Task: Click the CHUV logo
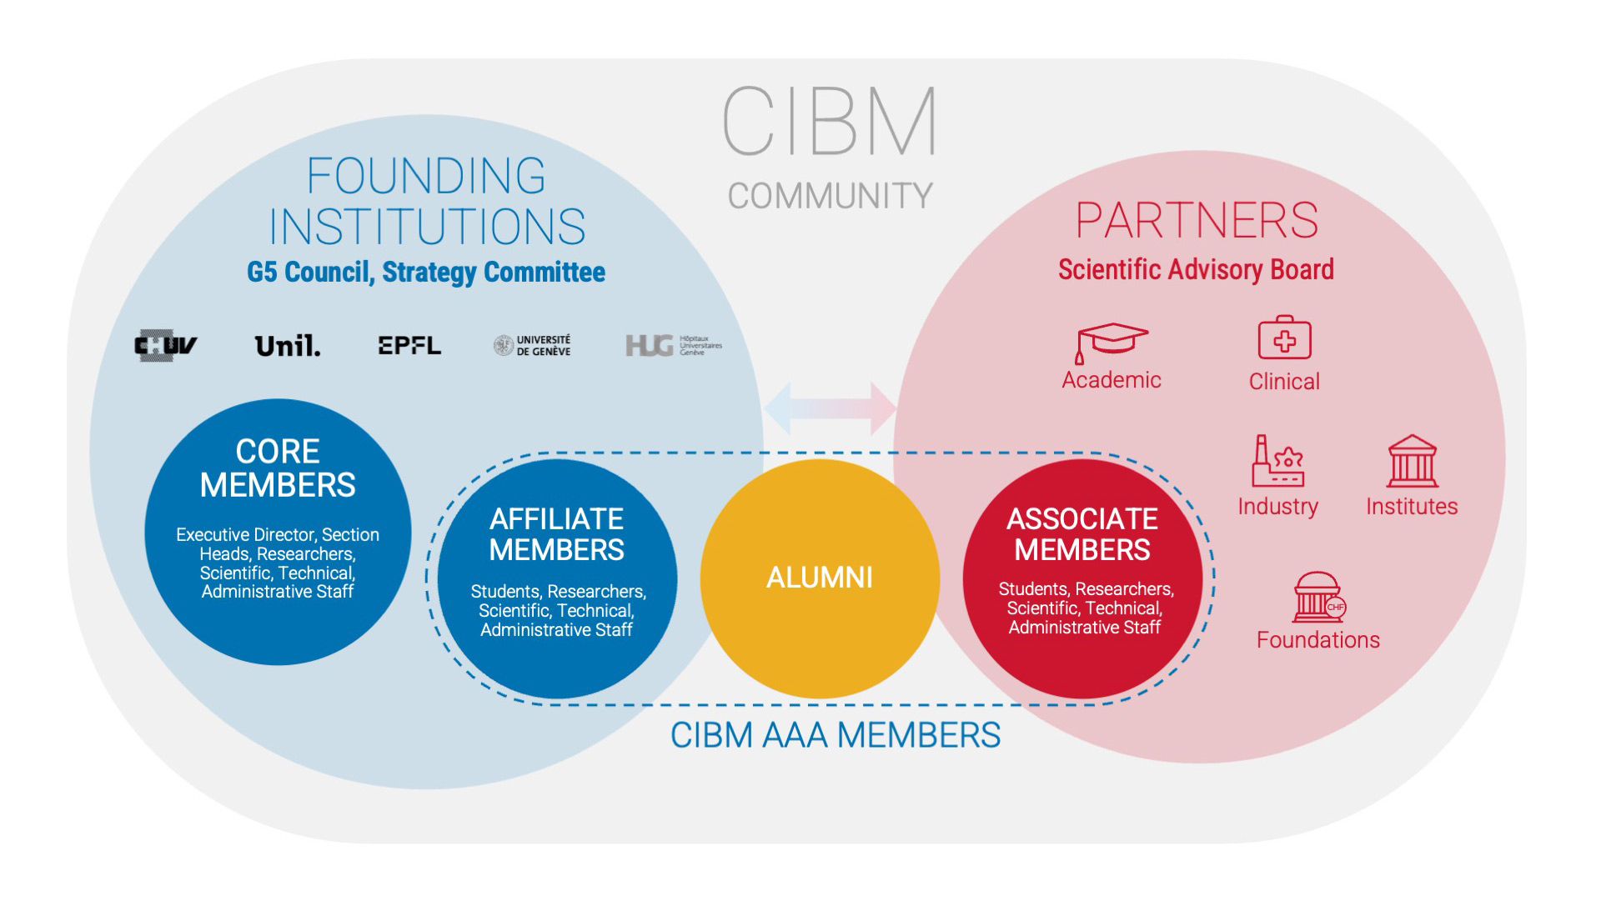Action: (165, 346)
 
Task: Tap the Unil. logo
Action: (287, 346)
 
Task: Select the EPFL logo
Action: (409, 345)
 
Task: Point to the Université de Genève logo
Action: (532, 346)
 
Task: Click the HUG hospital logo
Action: (673, 345)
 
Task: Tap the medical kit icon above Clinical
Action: (1284, 338)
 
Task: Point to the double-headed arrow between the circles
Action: (830, 408)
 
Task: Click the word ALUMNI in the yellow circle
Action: (820, 578)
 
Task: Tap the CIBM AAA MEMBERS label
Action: (835, 735)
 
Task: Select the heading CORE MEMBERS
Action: (278, 468)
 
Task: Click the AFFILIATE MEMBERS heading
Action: (557, 534)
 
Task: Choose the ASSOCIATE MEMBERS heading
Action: (1082, 534)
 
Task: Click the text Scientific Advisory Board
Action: (1196, 269)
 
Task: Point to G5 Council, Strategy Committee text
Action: (426, 272)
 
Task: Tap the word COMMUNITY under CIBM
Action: (830, 196)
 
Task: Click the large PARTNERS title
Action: (1197, 220)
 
